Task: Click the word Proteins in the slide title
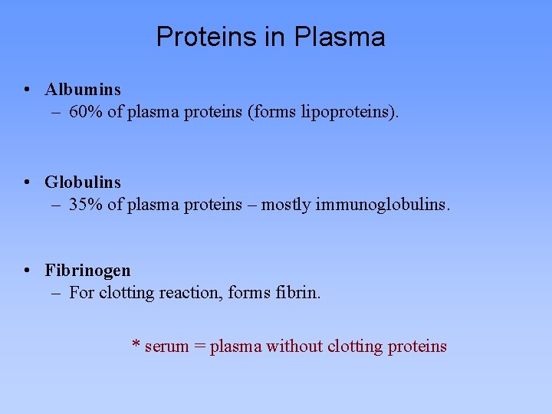click(x=202, y=37)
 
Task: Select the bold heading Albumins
click(x=83, y=90)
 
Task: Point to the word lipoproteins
click(x=354, y=112)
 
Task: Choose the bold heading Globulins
click(x=83, y=182)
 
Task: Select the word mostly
click(x=288, y=205)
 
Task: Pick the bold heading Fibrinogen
click(x=87, y=270)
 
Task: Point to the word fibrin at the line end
click(x=298, y=292)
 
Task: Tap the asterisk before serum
click(x=136, y=345)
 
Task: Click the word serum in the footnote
click(x=166, y=347)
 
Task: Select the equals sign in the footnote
click(x=199, y=347)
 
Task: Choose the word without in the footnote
click(x=294, y=347)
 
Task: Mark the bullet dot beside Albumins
click(x=27, y=90)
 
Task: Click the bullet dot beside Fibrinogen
click(x=27, y=270)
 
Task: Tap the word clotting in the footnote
click(x=355, y=347)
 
